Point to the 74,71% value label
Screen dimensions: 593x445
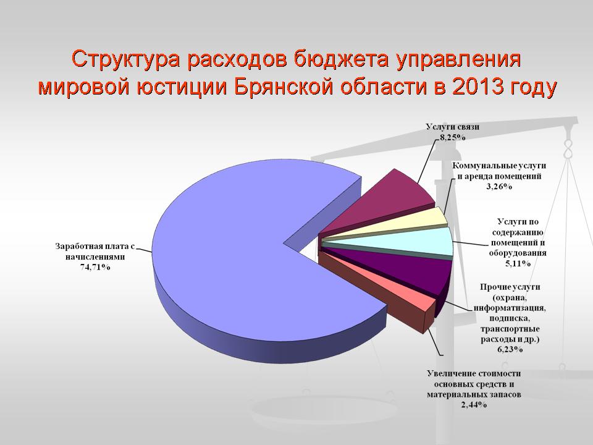95,268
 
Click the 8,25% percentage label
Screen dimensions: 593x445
452,137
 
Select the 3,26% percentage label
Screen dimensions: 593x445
499,186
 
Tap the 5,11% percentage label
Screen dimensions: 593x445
518,263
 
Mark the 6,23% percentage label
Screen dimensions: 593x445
510,349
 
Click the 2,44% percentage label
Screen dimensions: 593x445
474,404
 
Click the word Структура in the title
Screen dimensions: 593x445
125,59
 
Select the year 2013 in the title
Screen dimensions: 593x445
478,87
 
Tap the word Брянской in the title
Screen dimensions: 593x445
284,87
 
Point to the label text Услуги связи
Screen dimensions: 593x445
452,127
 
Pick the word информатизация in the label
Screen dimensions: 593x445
510,308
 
